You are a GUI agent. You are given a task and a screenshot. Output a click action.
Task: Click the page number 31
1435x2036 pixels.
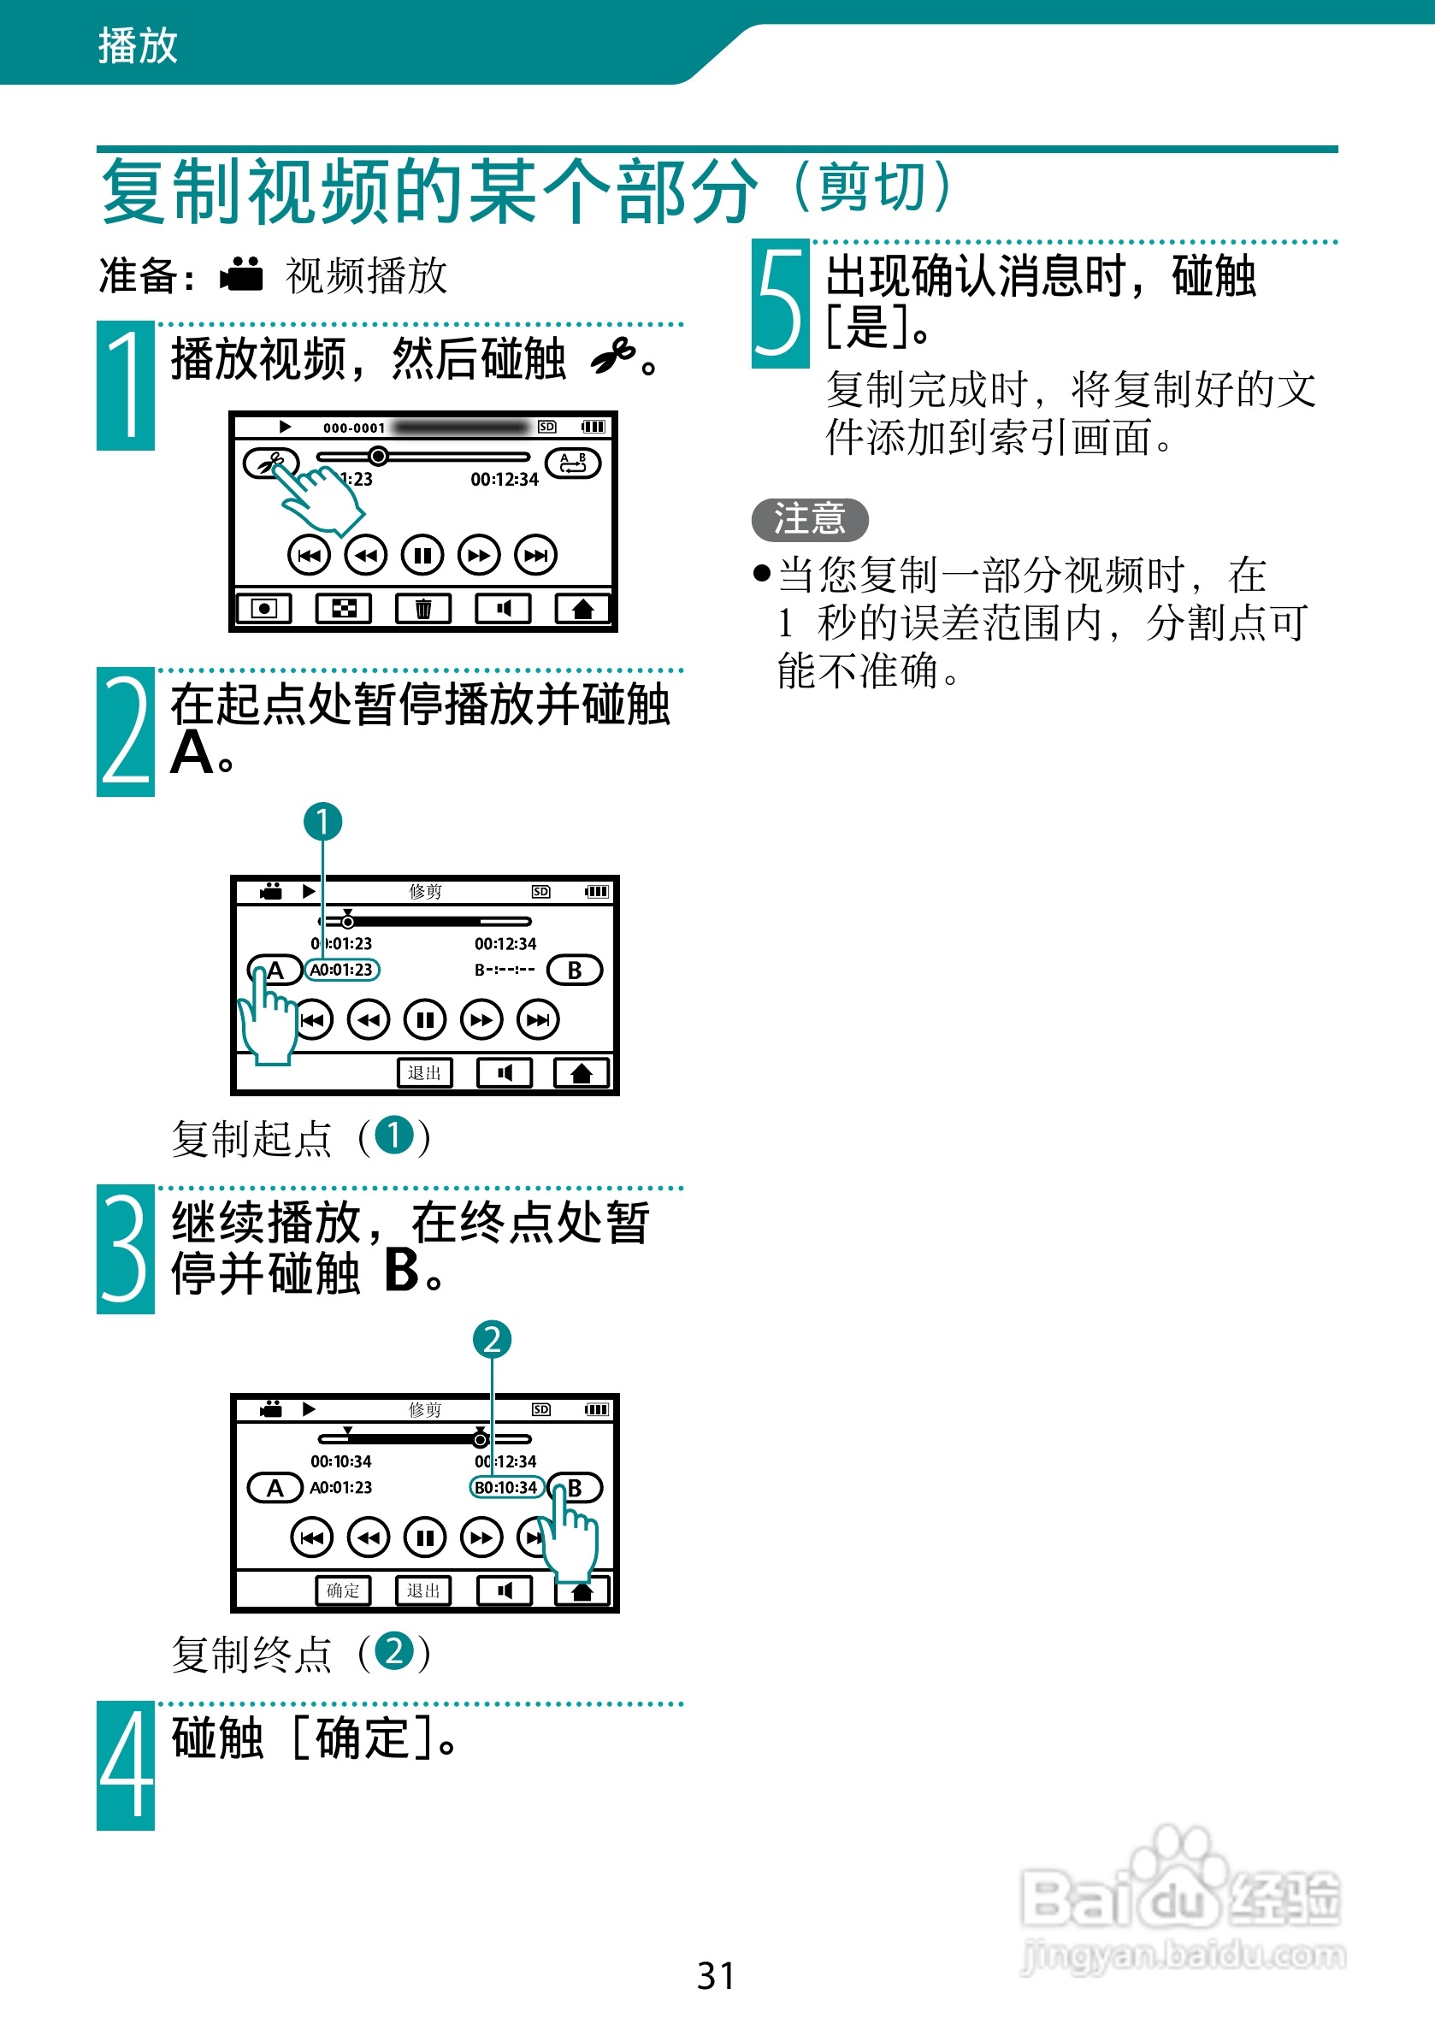[x=716, y=1975]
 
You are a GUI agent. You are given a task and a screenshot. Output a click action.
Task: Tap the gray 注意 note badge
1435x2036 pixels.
[x=809, y=519]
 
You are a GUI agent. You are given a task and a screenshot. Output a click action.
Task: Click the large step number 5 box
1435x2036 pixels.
[x=780, y=304]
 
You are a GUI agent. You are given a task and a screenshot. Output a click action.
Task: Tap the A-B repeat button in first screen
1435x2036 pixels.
[x=573, y=462]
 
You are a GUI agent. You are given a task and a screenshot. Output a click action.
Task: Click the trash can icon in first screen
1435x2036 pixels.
[x=423, y=608]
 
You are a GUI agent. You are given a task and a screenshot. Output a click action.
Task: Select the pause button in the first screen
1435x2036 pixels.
[x=422, y=555]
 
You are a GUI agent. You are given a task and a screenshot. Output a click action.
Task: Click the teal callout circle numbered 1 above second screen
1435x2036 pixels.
[x=322, y=821]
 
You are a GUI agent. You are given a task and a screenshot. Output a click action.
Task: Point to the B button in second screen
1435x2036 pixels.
[x=575, y=971]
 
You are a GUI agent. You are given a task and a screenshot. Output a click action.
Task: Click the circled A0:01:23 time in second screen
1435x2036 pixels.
[x=341, y=969]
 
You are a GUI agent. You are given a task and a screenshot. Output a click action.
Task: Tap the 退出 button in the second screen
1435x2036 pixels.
[x=424, y=1073]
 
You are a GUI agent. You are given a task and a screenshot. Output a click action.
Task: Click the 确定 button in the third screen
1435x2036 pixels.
[x=343, y=1590]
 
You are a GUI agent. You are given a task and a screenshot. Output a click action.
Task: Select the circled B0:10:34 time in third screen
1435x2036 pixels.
[x=505, y=1487]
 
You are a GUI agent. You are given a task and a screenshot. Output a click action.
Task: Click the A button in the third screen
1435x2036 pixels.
[x=275, y=1488]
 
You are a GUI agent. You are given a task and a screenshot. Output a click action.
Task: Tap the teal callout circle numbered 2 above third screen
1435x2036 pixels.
[x=493, y=1339]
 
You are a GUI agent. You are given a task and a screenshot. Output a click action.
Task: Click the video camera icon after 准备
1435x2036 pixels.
[x=241, y=274]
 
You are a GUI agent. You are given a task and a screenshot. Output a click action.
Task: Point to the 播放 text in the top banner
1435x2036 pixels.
[x=139, y=45]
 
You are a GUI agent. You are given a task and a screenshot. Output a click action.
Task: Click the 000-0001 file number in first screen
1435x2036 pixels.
[x=354, y=428]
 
